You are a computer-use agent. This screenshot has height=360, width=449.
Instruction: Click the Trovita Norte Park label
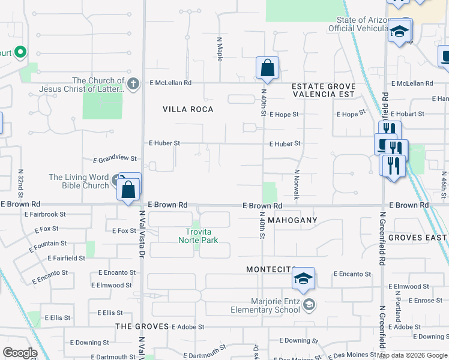(x=198, y=235)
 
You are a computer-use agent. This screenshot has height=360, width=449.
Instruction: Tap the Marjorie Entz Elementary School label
(x=266, y=305)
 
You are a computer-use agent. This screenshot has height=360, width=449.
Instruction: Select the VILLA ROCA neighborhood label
(x=188, y=109)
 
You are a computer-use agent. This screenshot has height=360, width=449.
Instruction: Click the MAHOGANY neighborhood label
(x=292, y=220)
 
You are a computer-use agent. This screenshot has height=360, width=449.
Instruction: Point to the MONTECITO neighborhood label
(x=272, y=269)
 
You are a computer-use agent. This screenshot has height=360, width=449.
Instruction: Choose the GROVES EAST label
(x=418, y=238)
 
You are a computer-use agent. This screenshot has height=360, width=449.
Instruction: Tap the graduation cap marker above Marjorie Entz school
(x=303, y=278)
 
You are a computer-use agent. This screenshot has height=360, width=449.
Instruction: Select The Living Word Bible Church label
(x=79, y=181)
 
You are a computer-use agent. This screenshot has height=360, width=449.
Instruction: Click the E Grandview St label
(x=115, y=159)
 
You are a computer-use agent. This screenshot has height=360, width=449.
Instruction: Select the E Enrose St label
(x=424, y=300)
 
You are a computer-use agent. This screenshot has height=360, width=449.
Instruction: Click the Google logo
(x=20, y=353)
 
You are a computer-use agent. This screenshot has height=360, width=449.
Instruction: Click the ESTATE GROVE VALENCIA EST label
(x=324, y=90)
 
